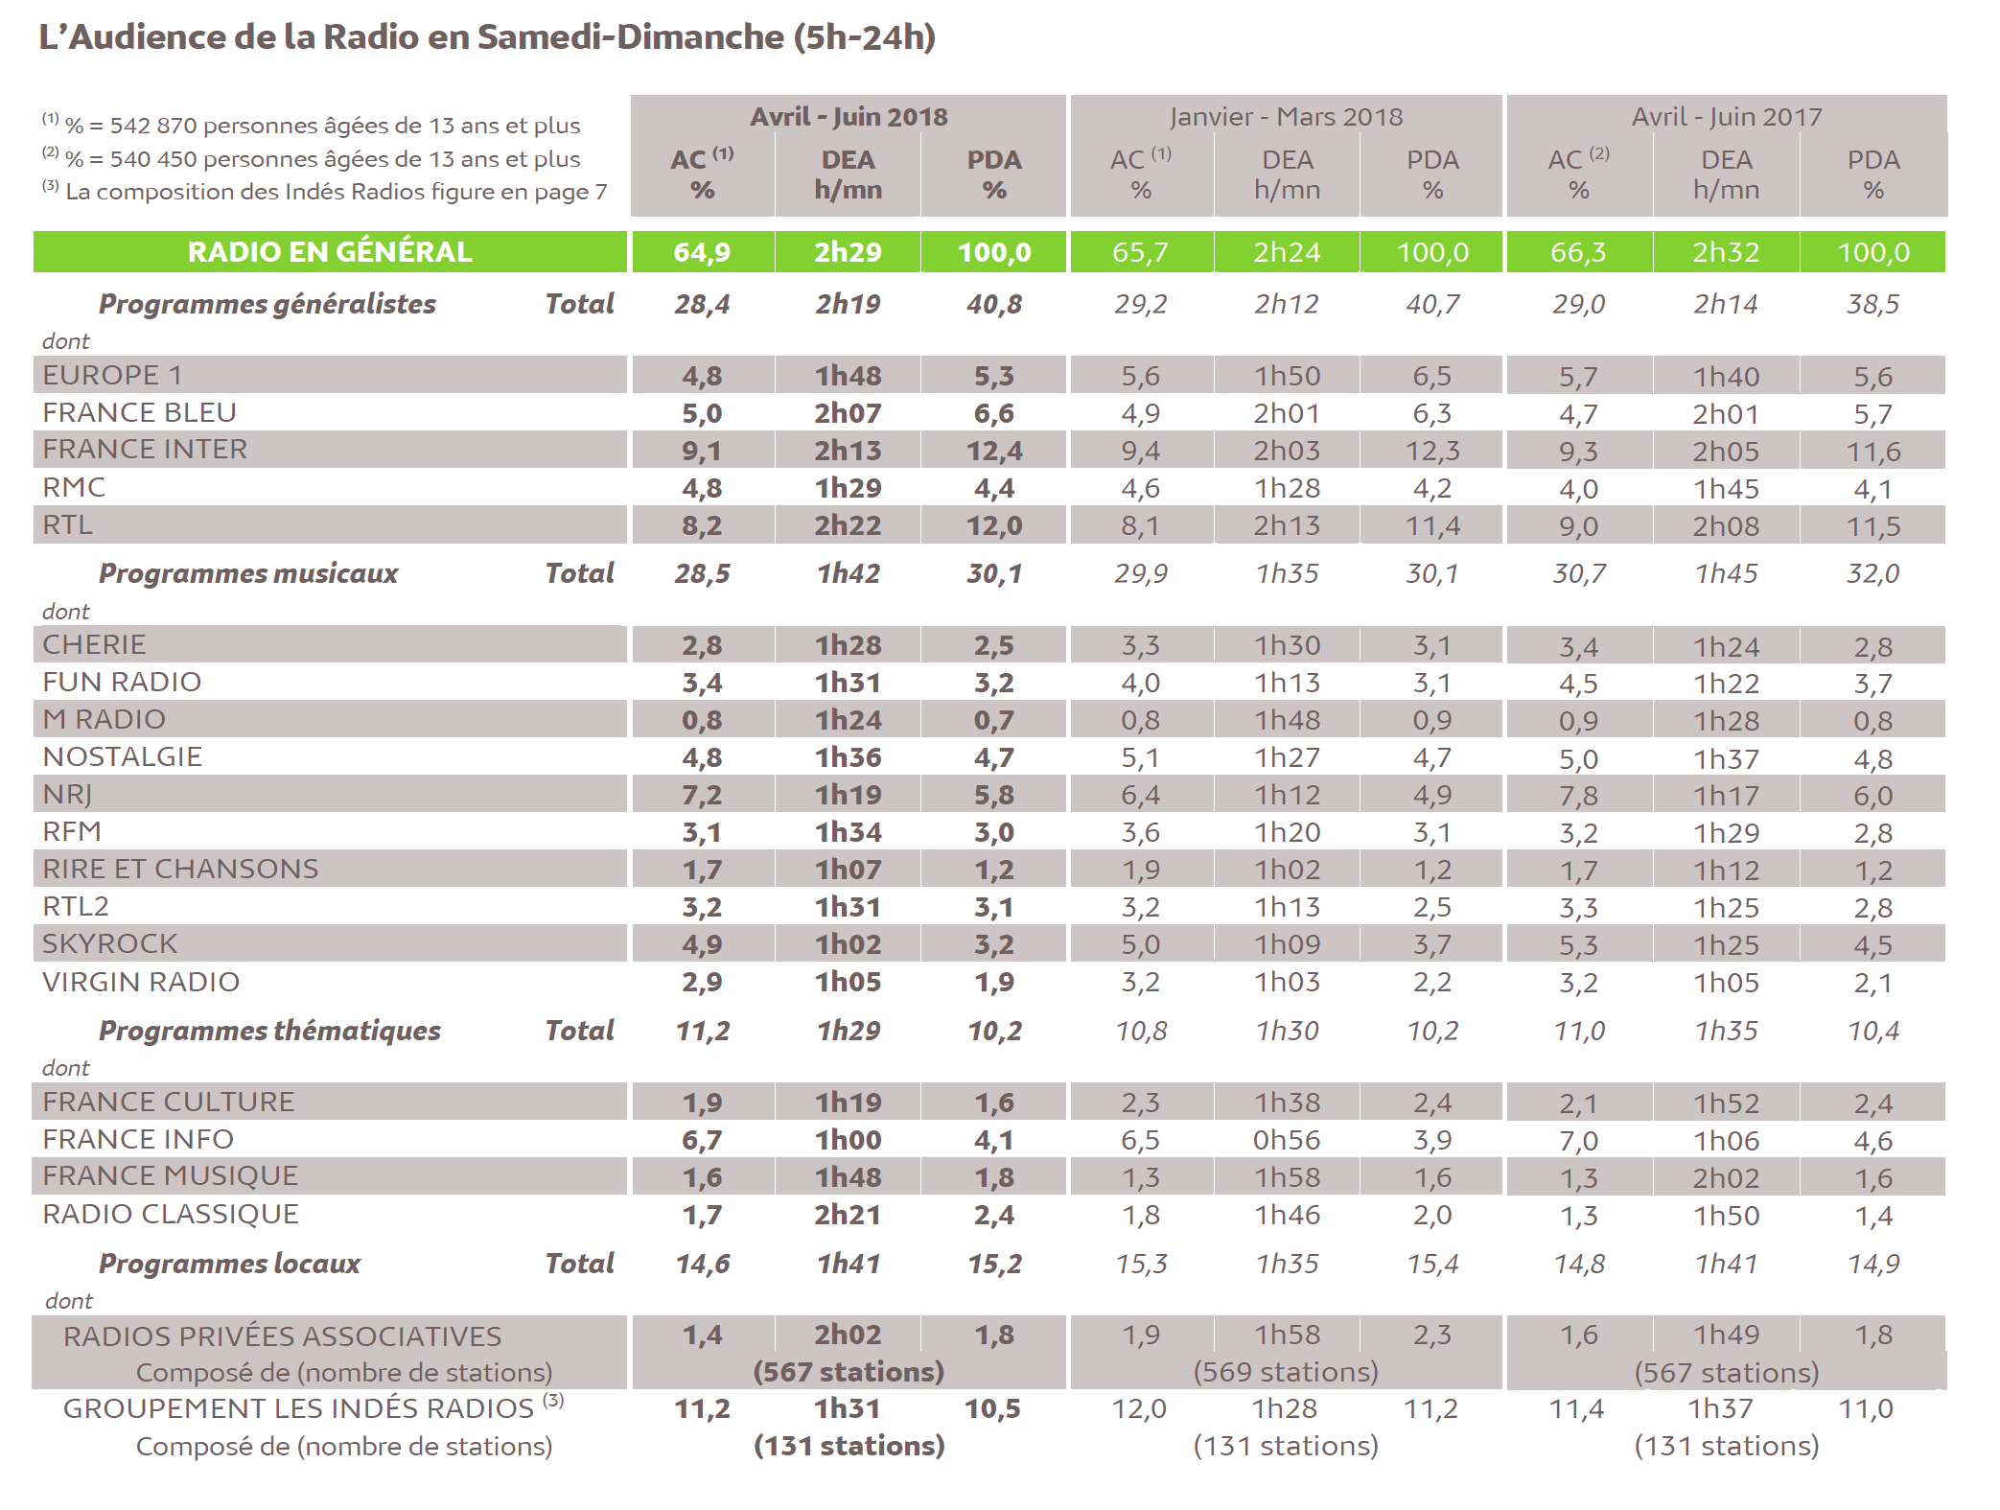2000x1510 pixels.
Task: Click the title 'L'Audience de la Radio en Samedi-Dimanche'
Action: coord(486,37)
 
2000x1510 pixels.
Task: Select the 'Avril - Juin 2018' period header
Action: coord(849,117)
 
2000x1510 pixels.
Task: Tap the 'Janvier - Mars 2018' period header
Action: coord(1286,117)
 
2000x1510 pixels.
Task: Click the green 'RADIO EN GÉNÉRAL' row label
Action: coord(330,252)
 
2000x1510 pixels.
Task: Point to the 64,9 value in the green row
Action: coord(702,252)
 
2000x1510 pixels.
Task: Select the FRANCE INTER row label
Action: coord(145,450)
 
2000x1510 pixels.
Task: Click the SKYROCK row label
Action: coord(110,944)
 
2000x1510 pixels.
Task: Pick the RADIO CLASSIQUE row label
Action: coord(171,1215)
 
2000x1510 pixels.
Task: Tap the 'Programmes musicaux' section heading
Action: coord(248,573)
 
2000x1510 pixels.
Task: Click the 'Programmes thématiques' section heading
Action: coord(269,1031)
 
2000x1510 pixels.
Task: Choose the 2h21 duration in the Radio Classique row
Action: coord(848,1215)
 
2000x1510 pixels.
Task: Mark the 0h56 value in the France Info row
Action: coord(1287,1140)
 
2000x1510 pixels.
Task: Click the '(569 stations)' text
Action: coord(1286,1372)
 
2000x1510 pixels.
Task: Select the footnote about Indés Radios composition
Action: coord(326,192)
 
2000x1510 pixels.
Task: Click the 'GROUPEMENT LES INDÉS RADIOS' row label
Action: coord(299,1408)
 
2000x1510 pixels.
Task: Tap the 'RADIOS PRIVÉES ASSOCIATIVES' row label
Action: coord(283,1336)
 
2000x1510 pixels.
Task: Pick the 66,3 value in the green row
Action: coord(1578,252)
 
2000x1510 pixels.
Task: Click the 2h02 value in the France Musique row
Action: coord(1726,1177)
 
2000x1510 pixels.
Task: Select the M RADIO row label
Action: coord(105,720)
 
